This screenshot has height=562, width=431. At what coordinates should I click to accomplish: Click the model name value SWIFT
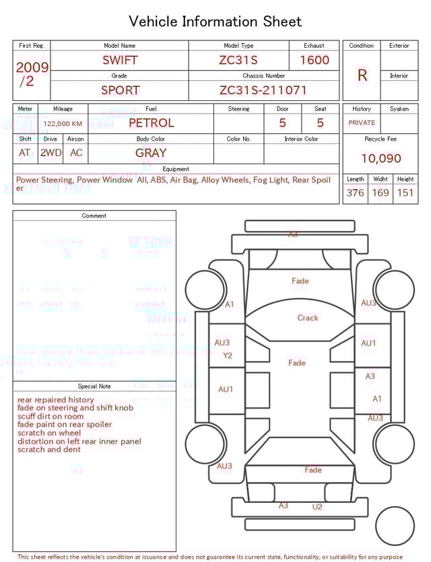pyautogui.click(x=120, y=60)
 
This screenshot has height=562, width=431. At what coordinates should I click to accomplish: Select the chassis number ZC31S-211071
pyautogui.click(x=263, y=90)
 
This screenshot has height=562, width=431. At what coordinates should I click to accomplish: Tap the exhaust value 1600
pyautogui.click(x=314, y=60)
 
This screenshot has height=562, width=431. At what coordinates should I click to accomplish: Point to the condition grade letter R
pyautogui.click(x=362, y=75)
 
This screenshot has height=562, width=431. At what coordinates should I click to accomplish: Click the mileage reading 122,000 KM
pyautogui.click(x=63, y=124)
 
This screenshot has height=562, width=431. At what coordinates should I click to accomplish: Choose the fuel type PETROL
pyautogui.click(x=151, y=123)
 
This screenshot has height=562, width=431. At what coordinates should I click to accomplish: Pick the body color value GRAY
pyautogui.click(x=151, y=153)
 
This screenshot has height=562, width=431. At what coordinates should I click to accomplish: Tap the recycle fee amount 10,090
pyautogui.click(x=380, y=159)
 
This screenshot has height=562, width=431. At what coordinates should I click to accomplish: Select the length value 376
pyautogui.click(x=355, y=193)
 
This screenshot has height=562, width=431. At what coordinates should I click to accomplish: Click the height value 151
pyautogui.click(x=405, y=193)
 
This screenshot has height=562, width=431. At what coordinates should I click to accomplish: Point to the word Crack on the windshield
pyautogui.click(x=308, y=318)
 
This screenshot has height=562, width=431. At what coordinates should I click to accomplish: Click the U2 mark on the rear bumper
pyautogui.click(x=317, y=507)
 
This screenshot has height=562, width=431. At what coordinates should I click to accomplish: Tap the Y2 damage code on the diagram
pyautogui.click(x=227, y=356)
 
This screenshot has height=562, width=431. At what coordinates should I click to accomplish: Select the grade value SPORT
pyautogui.click(x=120, y=90)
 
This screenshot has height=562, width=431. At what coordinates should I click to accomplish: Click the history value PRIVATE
pyautogui.click(x=362, y=123)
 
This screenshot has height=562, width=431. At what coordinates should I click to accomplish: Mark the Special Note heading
pyautogui.click(x=94, y=386)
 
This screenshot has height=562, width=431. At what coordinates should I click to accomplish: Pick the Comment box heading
pyautogui.click(x=94, y=216)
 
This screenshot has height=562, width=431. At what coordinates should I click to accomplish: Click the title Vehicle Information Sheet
pyautogui.click(x=215, y=22)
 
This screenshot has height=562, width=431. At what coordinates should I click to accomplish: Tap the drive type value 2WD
pyautogui.click(x=51, y=153)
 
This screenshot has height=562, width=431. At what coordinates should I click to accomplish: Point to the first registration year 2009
pyautogui.click(x=32, y=67)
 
